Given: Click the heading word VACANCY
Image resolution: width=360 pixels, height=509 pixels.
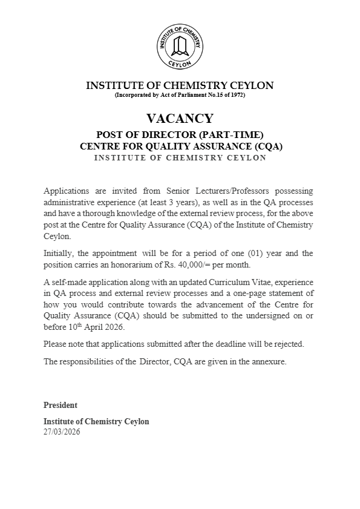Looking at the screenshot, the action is [x=180, y=119].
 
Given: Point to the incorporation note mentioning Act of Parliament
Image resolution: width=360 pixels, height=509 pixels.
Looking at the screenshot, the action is [x=180, y=95].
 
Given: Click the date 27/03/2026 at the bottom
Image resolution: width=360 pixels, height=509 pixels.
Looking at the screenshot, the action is [x=62, y=432].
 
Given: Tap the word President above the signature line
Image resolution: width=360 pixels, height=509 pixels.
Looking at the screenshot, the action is [x=61, y=405].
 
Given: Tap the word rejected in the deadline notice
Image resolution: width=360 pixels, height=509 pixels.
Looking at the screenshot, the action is [x=286, y=344].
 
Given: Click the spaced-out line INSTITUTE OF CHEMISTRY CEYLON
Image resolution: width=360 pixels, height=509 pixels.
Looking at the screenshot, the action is [x=180, y=157].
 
